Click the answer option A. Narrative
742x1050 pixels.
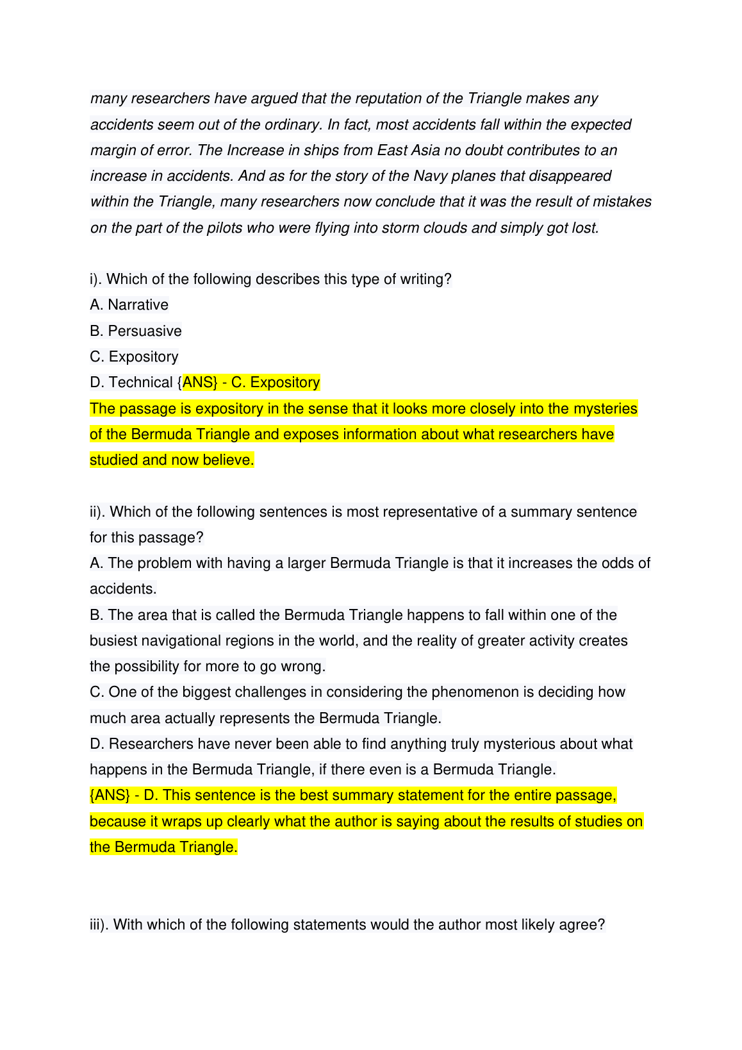pos(129,305)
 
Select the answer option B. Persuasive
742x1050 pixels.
pos(136,331)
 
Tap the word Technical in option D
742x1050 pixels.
pos(140,383)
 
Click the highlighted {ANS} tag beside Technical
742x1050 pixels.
pos(199,383)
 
